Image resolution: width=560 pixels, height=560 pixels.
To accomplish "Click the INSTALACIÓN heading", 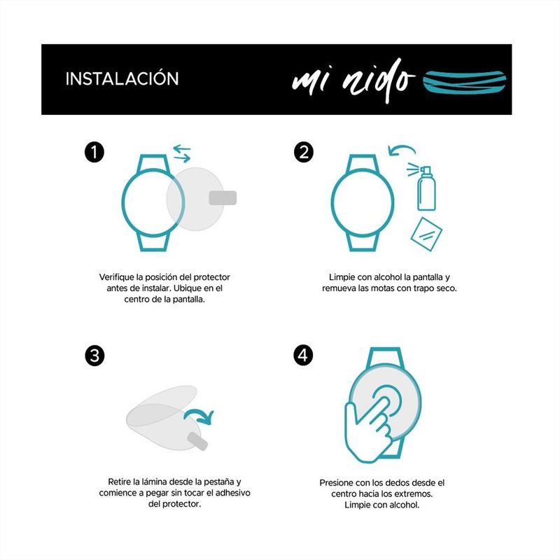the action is coord(122,78).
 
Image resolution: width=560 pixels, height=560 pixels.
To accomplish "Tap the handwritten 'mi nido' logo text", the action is coord(353,80).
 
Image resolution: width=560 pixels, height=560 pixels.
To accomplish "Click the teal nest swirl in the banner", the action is coord(464,82).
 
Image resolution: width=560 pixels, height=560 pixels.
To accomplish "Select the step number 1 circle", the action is coord(94,153).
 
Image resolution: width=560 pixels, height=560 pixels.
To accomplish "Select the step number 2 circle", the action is coord(304,153).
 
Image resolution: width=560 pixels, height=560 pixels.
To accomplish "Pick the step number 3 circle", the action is coord(94,356).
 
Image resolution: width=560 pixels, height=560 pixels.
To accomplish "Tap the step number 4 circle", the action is coord(303,355).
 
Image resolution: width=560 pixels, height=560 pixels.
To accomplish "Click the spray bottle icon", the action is coord(423,188).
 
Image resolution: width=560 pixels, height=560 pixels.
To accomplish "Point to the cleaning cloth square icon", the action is coord(426,234).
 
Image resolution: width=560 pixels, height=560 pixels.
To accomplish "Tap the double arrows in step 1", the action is coord(182,153).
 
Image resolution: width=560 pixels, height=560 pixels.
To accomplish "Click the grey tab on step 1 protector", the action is coord(223,198).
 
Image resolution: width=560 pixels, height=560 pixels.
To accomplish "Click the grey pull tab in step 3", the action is coord(197,442).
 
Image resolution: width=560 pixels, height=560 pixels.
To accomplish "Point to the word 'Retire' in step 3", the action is coord(119,482).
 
